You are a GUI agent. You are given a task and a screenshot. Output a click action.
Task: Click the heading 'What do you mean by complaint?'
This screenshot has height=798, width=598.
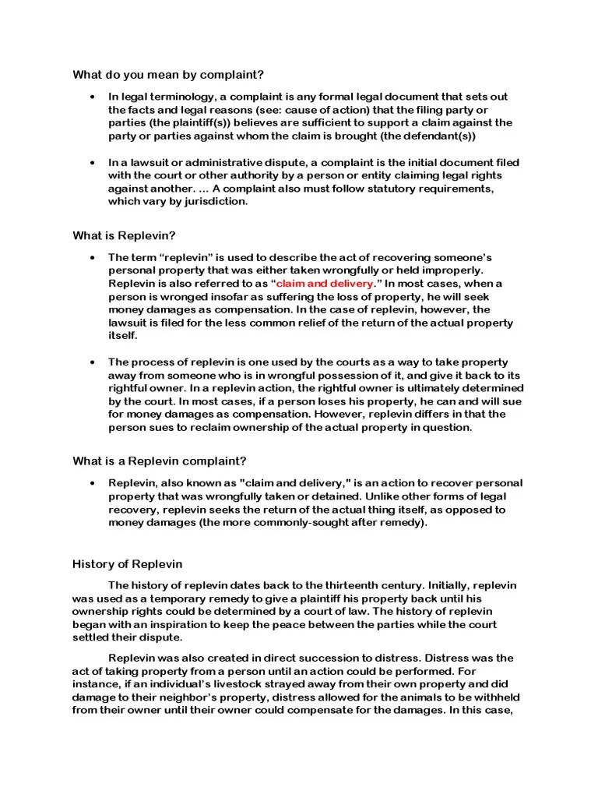pos(168,75)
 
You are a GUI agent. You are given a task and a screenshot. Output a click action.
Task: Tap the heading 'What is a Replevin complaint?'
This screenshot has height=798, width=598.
pos(160,461)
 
